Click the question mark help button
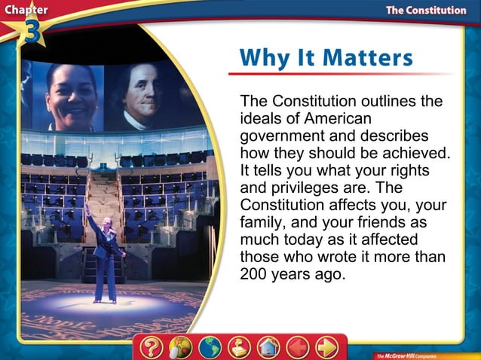tap(152, 347)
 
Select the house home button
tap(268, 348)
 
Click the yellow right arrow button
tap(326, 348)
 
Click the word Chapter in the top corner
tap(24, 10)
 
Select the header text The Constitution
tap(425, 10)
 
